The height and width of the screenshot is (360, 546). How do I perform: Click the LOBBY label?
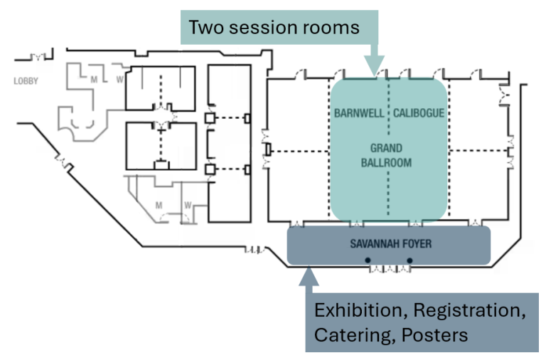[26, 81]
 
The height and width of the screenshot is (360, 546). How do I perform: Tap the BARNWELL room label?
[359, 113]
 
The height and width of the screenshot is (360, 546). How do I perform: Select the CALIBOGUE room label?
[419, 113]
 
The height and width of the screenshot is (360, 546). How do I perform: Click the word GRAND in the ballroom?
[387, 149]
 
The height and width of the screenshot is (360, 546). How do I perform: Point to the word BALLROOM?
[387, 163]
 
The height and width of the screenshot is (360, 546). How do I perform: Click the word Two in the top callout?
[203, 28]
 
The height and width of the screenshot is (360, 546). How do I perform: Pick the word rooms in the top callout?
[334, 28]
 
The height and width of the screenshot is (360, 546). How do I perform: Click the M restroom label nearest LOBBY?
[93, 80]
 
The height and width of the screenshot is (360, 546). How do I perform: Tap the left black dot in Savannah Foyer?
[368, 260]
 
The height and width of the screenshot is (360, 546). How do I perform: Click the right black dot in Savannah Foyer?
[410, 260]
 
